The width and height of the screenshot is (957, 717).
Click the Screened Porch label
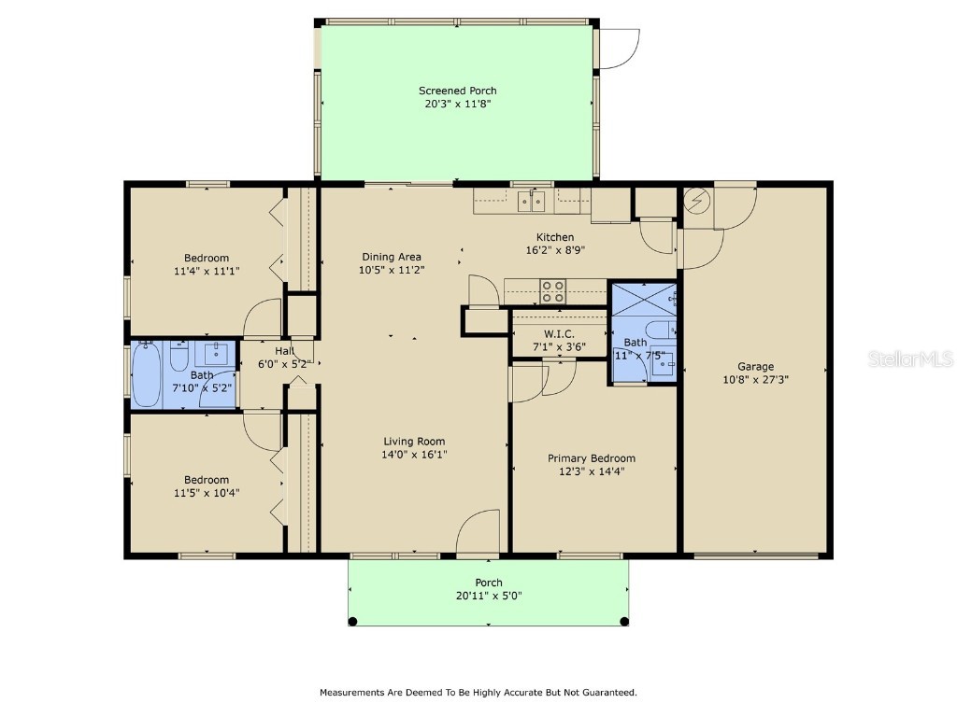point(457,91)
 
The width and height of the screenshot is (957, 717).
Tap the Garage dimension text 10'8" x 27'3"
point(755,380)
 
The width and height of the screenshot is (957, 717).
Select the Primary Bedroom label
point(591,458)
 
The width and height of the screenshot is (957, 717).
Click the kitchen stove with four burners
point(553,292)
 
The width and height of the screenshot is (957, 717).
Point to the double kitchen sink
point(532,200)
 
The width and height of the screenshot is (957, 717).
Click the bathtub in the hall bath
point(147,375)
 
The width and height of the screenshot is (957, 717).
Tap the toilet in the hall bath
point(179,358)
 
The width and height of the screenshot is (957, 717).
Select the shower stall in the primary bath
point(643,300)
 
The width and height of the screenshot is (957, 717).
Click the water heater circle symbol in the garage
point(697,200)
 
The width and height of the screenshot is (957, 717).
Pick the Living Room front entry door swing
point(481,534)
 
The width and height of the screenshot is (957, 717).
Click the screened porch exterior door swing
point(618,49)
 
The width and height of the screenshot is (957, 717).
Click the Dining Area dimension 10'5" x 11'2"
point(393,269)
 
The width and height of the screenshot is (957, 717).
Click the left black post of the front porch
point(352,621)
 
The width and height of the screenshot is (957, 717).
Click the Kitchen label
point(554,237)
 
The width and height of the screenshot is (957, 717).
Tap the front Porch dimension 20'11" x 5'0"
point(488,596)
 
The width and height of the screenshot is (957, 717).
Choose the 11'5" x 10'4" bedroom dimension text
point(206,493)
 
